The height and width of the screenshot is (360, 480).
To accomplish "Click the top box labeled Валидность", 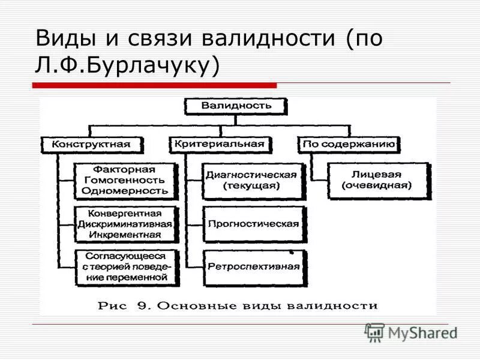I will click(x=236, y=106).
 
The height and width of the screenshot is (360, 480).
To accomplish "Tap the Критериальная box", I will click(x=220, y=144).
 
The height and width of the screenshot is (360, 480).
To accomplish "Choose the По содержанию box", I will click(x=349, y=145).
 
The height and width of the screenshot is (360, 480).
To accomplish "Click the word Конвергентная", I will click(x=125, y=213).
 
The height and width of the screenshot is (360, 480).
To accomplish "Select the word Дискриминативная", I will click(x=125, y=223).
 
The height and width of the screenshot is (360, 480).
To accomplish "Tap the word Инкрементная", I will click(x=125, y=234).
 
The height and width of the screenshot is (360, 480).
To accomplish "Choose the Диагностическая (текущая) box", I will click(x=251, y=180).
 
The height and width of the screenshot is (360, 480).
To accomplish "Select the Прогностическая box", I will click(x=253, y=224).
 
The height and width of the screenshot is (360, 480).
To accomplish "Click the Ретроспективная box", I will click(x=253, y=266).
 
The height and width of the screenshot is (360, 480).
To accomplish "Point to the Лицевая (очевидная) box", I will click(x=377, y=180).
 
